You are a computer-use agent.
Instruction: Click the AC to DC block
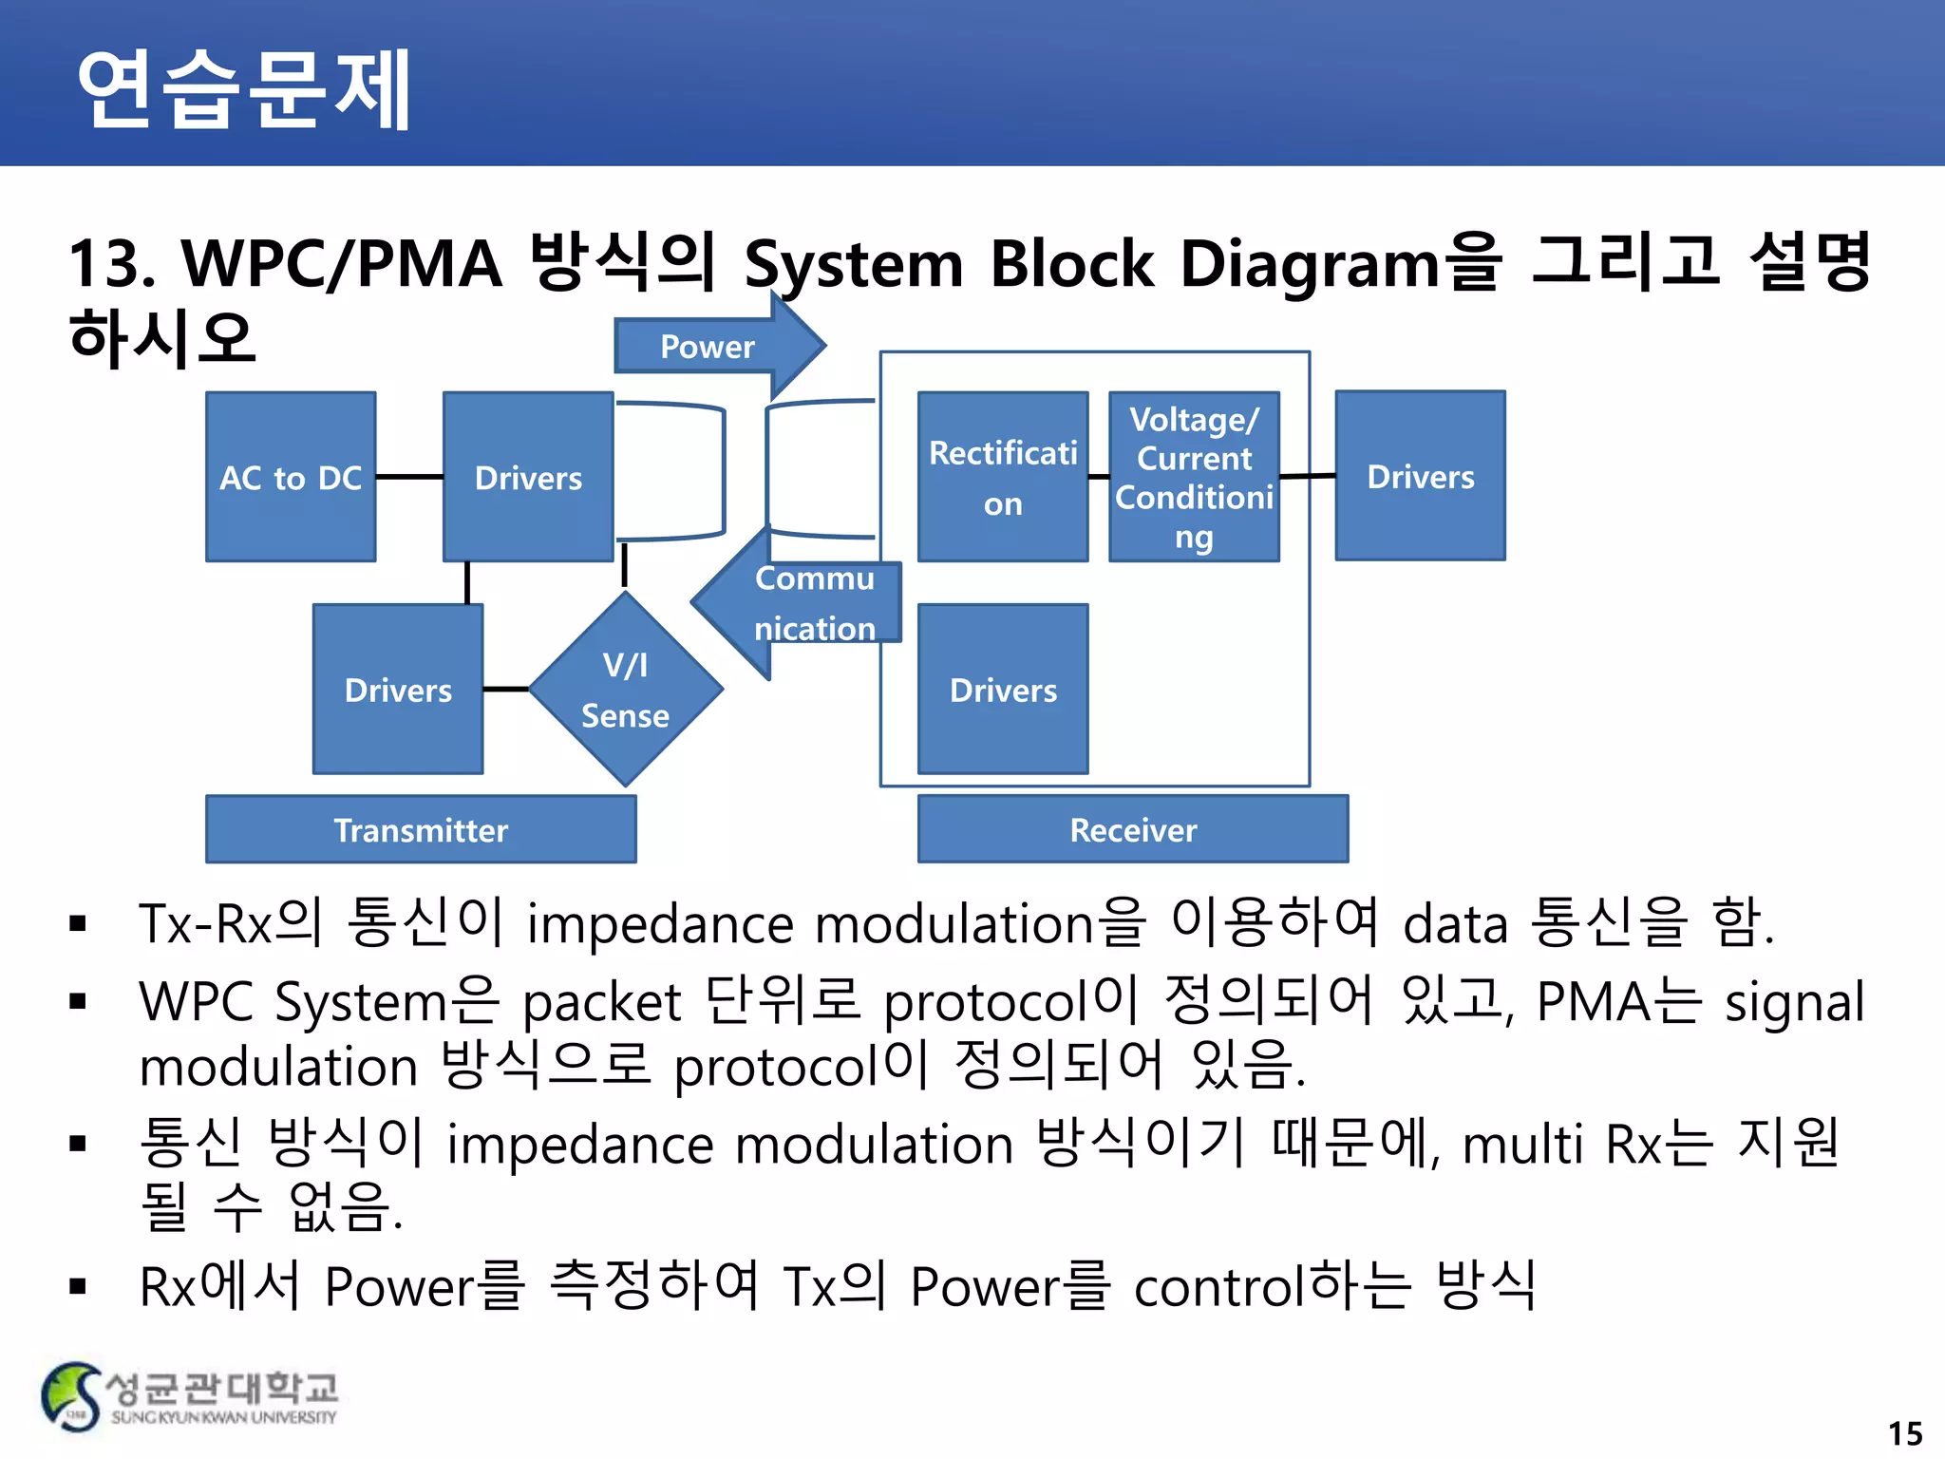[x=291, y=477]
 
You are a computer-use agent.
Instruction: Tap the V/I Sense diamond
[x=625, y=690]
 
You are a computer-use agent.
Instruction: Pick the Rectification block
[x=1003, y=477]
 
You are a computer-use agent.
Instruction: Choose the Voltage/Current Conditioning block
[x=1194, y=477]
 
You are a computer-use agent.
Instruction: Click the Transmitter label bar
[x=421, y=829]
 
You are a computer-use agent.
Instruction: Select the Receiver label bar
[x=1133, y=829]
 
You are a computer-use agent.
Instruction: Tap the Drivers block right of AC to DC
[x=528, y=477]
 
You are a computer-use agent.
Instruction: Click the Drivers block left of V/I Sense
[x=398, y=690]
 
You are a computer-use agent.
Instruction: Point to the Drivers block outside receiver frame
[x=1420, y=476]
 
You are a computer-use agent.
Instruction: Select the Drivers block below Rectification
[x=1003, y=690]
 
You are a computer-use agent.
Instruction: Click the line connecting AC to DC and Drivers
[x=409, y=477]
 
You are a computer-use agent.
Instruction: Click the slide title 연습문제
[x=243, y=88]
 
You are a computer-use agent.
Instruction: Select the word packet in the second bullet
[x=602, y=1003]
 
